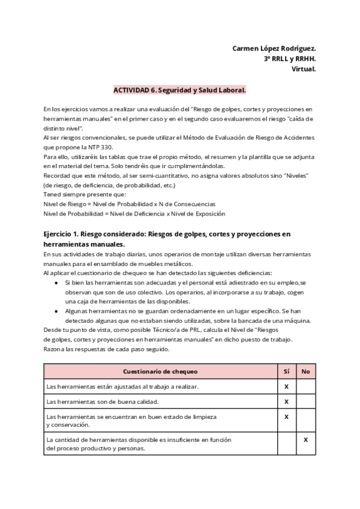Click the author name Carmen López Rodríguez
pyautogui.click(x=274, y=48)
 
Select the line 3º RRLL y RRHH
pyautogui.click(x=290, y=58)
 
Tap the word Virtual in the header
pyautogui.click(x=304, y=69)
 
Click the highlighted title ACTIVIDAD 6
pyautogui.click(x=180, y=90)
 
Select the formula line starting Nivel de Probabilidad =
pyautogui.click(x=134, y=213)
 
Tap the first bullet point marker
pyautogui.click(x=56, y=283)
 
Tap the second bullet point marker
pyautogui.click(x=56, y=311)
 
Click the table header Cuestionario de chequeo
pyautogui.click(x=160, y=372)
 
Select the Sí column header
pyautogui.click(x=286, y=372)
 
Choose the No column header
pyautogui.click(x=305, y=372)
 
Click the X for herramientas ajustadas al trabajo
pyautogui.click(x=286, y=387)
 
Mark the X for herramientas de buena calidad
pyautogui.click(x=286, y=401)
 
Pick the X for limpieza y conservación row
pyautogui.click(x=286, y=416)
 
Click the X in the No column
pyautogui.click(x=305, y=439)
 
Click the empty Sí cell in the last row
pyautogui.click(x=286, y=444)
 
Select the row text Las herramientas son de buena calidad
pyautogui.click(x=94, y=401)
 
